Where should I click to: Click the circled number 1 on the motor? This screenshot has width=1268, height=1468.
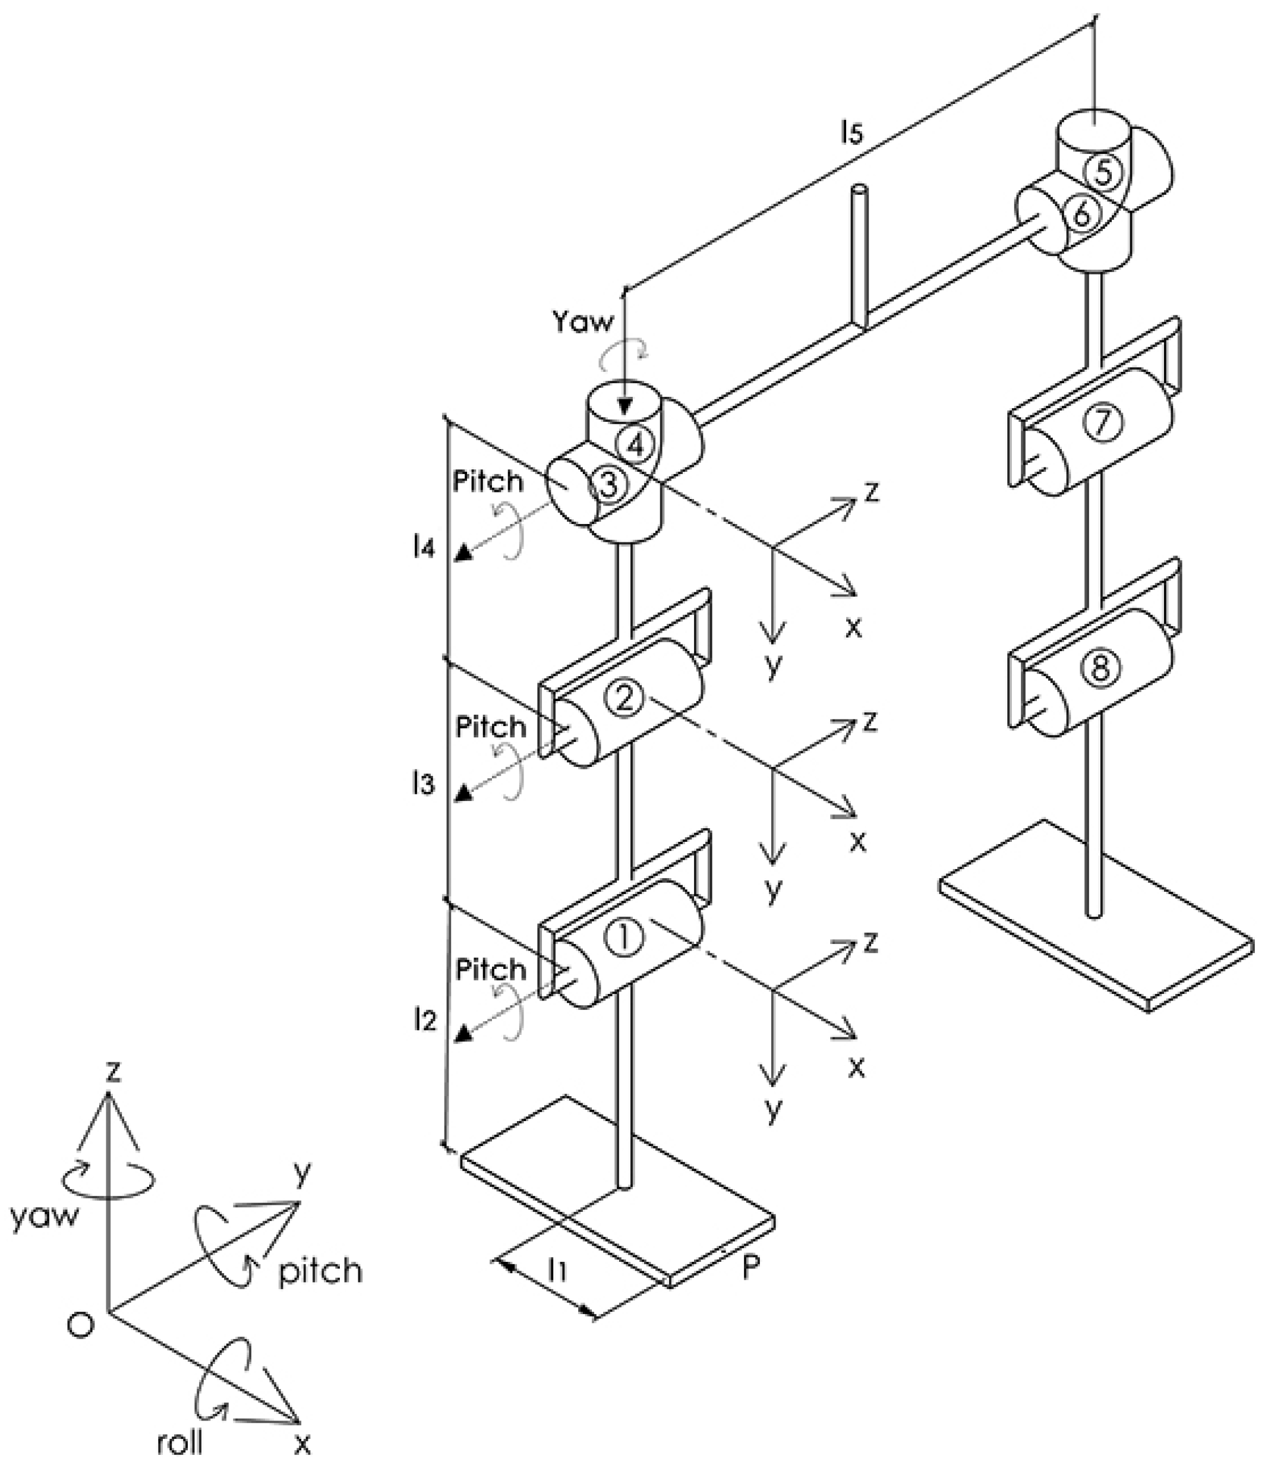tap(624, 939)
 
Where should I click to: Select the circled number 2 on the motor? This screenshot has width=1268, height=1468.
tap(623, 699)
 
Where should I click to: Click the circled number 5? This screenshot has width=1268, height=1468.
tap(1103, 172)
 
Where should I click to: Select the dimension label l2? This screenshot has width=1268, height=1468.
tap(425, 1020)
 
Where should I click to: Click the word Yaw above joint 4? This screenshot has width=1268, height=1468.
tap(583, 323)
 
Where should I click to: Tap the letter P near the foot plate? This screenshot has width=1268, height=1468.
tap(750, 1268)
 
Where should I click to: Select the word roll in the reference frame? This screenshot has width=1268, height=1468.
tap(180, 1442)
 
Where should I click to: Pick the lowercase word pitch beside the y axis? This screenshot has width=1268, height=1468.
tap(320, 1273)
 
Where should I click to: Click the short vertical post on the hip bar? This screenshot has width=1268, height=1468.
tap(860, 255)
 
